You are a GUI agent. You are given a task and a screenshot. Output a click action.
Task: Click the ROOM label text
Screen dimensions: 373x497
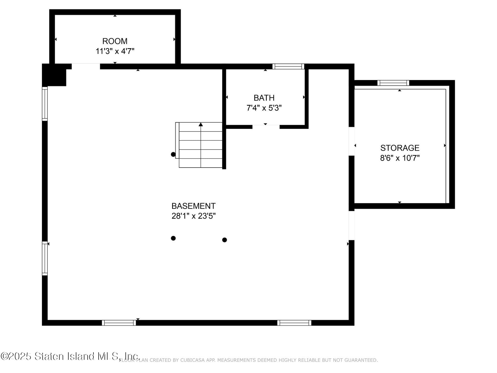click(115, 41)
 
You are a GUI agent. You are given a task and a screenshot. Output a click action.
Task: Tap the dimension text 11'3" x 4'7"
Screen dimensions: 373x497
click(115, 51)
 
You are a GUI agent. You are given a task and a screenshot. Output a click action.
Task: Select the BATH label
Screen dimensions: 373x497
click(264, 98)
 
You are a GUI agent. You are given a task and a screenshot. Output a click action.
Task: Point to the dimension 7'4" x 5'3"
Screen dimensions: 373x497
click(264, 108)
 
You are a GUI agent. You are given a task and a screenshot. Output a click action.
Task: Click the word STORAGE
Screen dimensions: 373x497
click(400, 148)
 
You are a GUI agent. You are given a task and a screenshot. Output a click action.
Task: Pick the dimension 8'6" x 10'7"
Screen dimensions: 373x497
click(400, 158)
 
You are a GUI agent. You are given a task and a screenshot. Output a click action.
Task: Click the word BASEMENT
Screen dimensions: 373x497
click(193, 206)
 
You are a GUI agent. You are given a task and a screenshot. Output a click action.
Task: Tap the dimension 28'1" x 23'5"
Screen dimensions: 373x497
click(193, 216)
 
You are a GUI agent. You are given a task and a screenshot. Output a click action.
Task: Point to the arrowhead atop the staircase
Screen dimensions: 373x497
click(201, 125)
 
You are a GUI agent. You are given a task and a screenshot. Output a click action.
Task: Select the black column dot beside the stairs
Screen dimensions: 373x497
click(173, 154)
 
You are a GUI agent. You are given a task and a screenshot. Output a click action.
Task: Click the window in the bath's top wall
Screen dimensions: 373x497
click(288, 66)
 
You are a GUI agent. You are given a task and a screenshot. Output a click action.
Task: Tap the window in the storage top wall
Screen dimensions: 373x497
click(393, 83)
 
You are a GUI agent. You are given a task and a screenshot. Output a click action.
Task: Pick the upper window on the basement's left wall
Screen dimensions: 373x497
click(45, 104)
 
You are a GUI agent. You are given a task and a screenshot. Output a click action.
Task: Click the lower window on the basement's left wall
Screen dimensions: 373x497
click(45, 258)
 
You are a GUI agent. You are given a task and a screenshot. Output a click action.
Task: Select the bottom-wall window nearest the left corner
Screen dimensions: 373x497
click(119, 323)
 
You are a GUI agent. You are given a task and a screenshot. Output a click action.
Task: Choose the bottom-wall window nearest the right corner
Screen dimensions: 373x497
click(294, 323)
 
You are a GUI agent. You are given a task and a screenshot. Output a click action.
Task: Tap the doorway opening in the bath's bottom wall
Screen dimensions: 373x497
click(266, 127)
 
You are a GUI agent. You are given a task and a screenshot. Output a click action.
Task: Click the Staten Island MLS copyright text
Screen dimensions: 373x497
click(70, 356)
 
